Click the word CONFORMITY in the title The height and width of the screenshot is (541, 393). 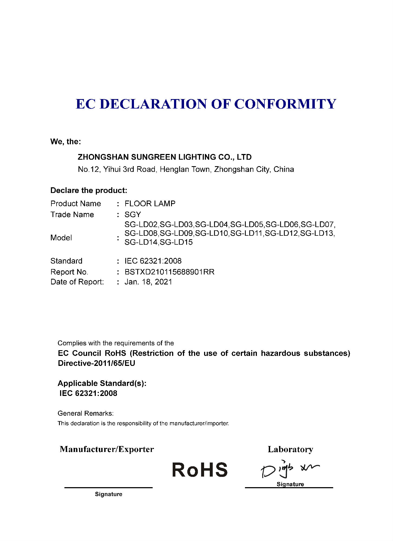point(285,104)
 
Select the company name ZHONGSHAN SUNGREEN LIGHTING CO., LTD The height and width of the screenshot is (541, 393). point(165,157)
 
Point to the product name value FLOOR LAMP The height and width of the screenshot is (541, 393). point(150,204)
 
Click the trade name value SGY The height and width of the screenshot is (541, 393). point(133,215)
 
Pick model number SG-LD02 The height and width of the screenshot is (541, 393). point(141,225)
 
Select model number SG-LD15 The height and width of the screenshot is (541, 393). point(176,242)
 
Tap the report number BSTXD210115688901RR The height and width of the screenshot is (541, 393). point(169,272)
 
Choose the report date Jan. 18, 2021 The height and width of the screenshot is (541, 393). point(148,282)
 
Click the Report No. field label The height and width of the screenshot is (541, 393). point(69,272)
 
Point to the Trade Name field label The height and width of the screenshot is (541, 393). point(72,215)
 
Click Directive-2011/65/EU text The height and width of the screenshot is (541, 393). point(96,363)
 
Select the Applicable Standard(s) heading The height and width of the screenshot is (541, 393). point(102,383)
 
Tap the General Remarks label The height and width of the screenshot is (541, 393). point(86,413)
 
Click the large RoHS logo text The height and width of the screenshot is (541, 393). point(200,470)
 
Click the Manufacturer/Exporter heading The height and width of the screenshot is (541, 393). point(107,449)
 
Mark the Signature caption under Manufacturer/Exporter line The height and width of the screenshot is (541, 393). point(109,494)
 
